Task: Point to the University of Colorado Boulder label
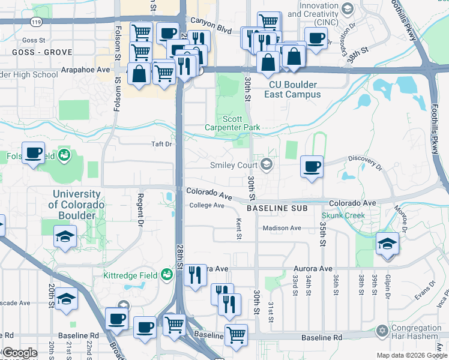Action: click(x=78, y=205)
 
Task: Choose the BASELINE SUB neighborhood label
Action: click(x=277, y=208)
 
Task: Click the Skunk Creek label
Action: click(x=343, y=215)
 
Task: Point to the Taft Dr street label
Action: click(x=161, y=144)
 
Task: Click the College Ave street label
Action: click(x=206, y=205)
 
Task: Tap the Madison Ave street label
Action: click(x=282, y=228)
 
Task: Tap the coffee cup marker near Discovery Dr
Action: click(x=312, y=166)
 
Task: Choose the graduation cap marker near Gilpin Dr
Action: click(x=388, y=244)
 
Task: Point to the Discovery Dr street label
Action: click(x=367, y=162)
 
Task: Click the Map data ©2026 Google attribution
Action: click(x=411, y=355)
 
